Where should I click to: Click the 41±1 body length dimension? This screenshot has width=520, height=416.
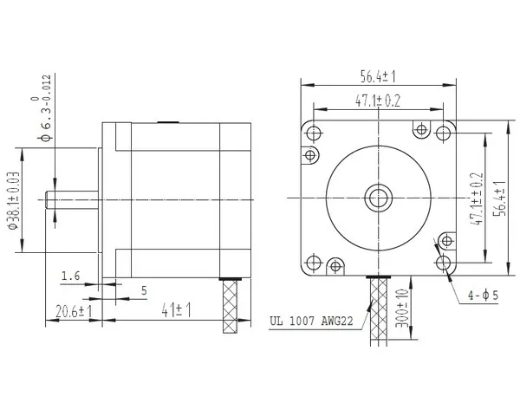(176, 310)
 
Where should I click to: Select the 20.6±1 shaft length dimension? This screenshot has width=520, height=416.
(74, 311)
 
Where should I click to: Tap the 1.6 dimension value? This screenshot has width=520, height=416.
(71, 276)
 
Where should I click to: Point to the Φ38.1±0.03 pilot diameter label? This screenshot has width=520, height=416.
(13, 201)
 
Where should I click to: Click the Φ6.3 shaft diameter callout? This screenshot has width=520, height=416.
(44, 107)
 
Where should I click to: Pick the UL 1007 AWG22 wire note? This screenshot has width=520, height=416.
(311, 322)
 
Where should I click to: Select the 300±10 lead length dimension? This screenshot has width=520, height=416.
(402, 309)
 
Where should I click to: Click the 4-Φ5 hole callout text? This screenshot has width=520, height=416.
(483, 295)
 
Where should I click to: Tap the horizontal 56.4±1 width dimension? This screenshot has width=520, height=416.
(378, 77)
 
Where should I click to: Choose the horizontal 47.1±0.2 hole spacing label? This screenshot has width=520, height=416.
(378, 101)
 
